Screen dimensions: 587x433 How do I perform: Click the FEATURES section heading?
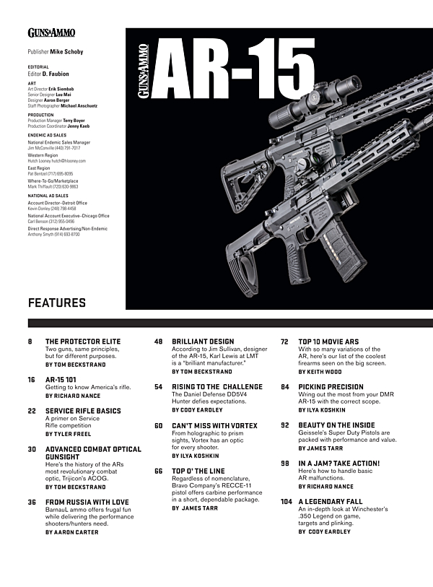[x=56, y=303]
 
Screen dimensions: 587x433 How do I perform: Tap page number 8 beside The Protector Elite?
[x=30, y=341]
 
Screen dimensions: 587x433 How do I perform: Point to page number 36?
[x=32, y=502]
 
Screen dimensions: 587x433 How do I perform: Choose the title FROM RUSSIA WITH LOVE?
[x=87, y=502]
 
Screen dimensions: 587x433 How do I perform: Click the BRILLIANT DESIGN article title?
[x=203, y=341]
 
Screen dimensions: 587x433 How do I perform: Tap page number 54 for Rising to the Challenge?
[x=158, y=387]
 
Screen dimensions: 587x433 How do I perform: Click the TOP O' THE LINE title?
[x=198, y=471]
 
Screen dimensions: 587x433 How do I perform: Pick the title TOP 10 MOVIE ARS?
[x=329, y=341]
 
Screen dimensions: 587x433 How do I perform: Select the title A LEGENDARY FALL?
[x=329, y=501]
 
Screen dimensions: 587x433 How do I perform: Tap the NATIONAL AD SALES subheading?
[x=48, y=196]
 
